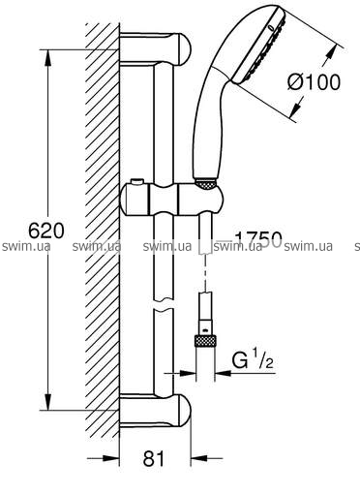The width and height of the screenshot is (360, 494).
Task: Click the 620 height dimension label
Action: click(x=46, y=231)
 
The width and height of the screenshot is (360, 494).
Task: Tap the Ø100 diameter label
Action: click(x=314, y=82)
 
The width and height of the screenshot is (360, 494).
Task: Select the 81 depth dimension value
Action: click(x=154, y=458)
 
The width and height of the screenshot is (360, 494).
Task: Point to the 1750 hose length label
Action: click(x=258, y=240)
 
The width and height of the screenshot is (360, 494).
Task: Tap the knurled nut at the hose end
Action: click(x=205, y=342)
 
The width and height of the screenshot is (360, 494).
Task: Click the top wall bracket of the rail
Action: click(x=155, y=47)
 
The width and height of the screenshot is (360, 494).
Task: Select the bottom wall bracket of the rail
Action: click(x=155, y=410)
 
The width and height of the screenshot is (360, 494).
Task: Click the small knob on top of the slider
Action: click(x=136, y=182)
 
